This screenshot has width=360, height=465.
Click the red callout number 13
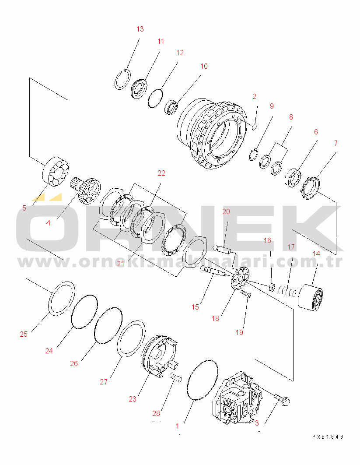(140, 29)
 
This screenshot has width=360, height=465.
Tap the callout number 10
(204, 66)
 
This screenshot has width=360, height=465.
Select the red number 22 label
(161, 173)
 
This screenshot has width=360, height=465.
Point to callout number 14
(316, 254)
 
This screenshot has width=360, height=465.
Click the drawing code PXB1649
(328, 437)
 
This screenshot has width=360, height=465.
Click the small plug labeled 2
(254, 127)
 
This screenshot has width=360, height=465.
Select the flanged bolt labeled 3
(282, 399)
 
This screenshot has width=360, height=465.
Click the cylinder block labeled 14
(310, 297)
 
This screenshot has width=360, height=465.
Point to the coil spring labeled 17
(287, 290)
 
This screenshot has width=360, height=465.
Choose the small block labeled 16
(272, 287)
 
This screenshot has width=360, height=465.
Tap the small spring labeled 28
(176, 377)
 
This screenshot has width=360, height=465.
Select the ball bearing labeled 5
(56, 171)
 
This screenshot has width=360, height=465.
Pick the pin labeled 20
(223, 249)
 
